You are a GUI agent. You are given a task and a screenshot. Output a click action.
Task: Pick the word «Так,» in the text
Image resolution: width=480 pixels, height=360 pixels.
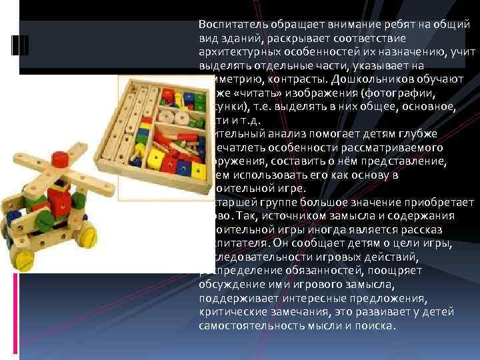[x=248, y=216]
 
